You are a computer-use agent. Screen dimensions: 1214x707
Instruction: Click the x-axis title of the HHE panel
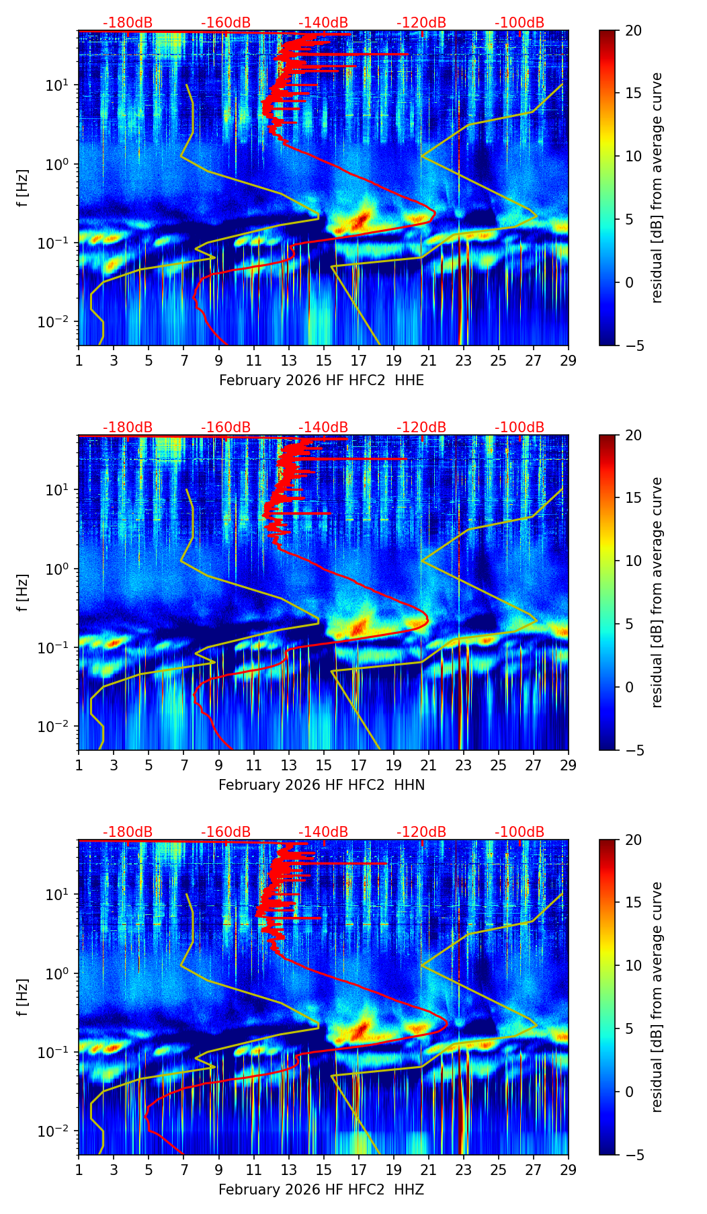click(x=321, y=380)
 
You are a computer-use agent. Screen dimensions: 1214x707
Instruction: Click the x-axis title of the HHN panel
click(x=321, y=785)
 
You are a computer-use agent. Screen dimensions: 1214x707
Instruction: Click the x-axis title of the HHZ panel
click(x=321, y=1190)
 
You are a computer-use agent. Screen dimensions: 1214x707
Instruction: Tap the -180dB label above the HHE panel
click(x=128, y=23)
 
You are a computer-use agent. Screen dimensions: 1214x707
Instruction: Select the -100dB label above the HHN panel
click(x=519, y=428)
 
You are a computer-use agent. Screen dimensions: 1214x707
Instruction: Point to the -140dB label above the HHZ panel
click(x=323, y=832)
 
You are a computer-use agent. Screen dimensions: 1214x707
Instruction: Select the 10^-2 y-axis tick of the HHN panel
click(x=59, y=727)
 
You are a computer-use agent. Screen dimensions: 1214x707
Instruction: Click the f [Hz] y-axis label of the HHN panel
click(x=23, y=592)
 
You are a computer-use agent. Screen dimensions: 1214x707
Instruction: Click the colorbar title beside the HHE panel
click(x=657, y=188)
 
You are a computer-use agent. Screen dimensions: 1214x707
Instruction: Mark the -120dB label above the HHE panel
click(x=421, y=23)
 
